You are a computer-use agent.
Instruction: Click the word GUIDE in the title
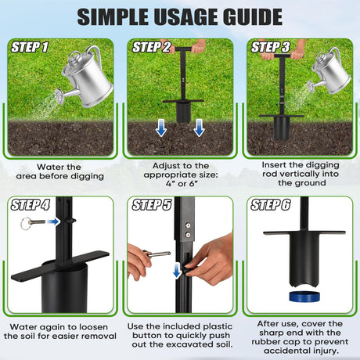253,17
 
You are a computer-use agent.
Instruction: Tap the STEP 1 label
30,47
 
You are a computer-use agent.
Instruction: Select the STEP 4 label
30,204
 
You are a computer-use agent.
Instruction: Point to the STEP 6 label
271,204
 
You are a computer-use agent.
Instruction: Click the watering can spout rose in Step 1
59,96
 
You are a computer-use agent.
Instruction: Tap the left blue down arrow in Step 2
161,128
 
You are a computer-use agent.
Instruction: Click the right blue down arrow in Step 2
200,128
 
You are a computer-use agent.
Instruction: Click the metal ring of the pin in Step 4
26,224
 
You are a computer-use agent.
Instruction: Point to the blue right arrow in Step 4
53,221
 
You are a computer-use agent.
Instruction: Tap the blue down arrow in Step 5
177,271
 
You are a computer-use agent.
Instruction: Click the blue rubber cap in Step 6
304,297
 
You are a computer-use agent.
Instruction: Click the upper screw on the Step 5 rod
188,225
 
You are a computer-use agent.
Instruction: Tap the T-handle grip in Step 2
183,49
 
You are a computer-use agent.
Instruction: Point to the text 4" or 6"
182,184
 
